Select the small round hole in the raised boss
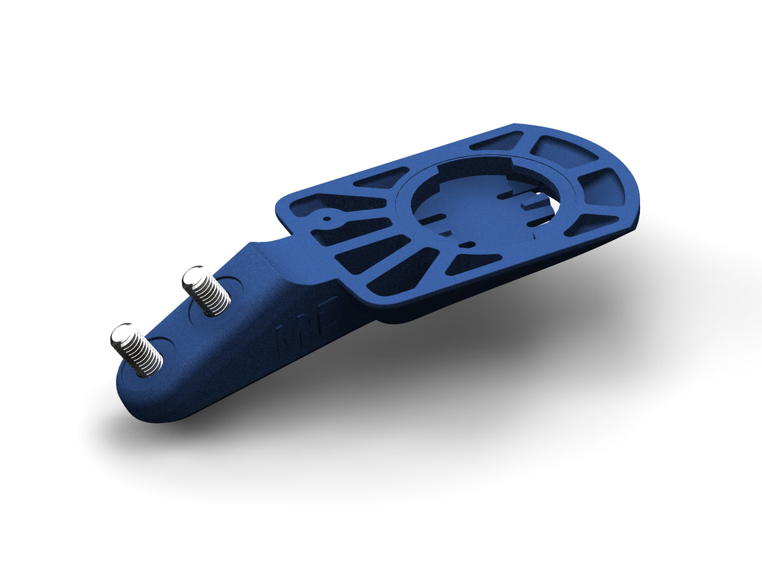coord(327,219)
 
